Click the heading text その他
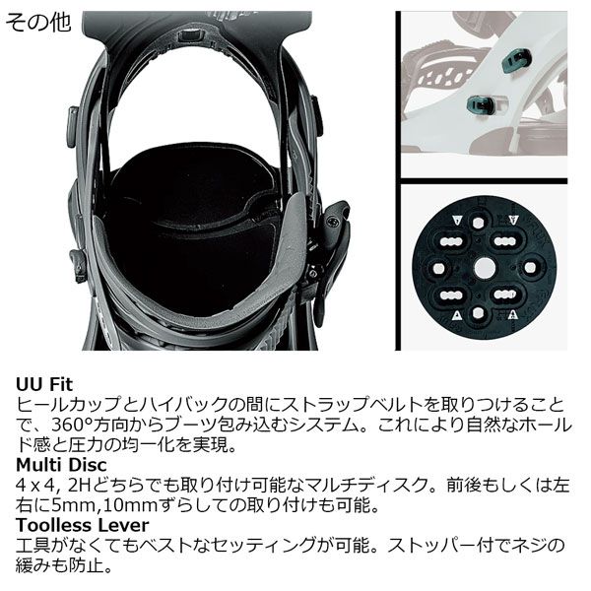click(x=38, y=23)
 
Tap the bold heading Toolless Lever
click(x=83, y=526)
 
